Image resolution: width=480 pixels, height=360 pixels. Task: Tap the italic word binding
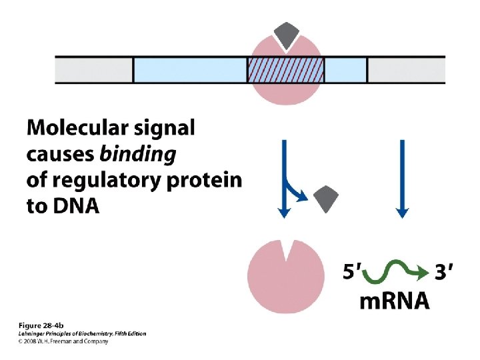137,154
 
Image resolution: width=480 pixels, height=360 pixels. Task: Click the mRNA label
395,301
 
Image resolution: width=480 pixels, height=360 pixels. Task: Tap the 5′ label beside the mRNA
353,272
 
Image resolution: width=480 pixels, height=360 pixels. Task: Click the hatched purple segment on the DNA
285,69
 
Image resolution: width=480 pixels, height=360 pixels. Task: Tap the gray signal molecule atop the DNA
287,35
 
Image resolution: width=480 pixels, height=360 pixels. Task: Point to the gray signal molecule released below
326,199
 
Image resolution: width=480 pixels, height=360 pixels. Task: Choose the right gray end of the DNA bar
407,69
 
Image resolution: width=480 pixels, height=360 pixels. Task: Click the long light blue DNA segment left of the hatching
190,69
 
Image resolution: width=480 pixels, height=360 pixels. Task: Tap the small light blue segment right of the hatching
345,69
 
